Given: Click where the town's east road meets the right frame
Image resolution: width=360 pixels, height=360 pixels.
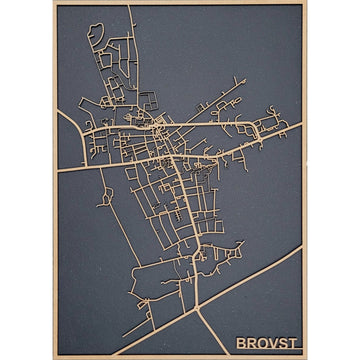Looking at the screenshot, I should click(301, 124).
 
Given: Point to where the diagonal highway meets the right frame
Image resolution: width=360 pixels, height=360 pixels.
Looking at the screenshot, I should click(301, 251).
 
